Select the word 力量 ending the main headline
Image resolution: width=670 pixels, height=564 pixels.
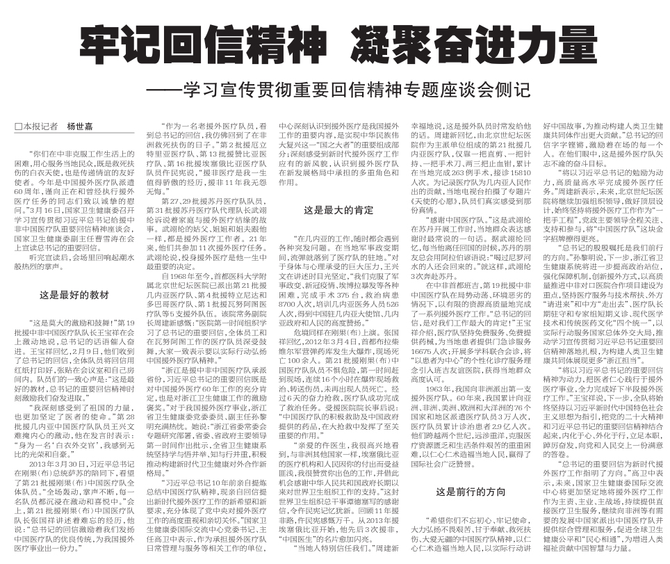553,45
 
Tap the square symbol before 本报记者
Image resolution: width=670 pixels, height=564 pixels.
19,126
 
